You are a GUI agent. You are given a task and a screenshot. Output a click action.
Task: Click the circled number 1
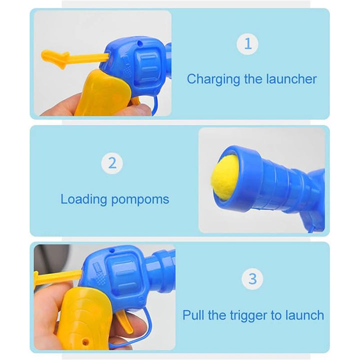247,43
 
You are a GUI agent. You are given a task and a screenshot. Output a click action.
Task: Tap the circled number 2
112,163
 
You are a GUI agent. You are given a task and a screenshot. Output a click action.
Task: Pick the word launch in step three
304,315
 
